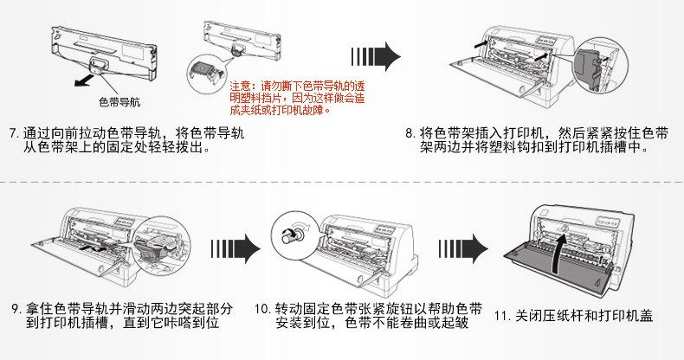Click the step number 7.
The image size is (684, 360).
pyautogui.click(x=12, y=134)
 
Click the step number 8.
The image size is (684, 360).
pyautogui.click(x=410, y=134)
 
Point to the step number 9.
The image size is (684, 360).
pyautogui.click(x=15, y=308)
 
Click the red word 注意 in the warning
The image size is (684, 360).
pyautogui.click(x=239, y=87)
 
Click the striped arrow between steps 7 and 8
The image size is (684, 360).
pyautogui.click(x=373, y=58)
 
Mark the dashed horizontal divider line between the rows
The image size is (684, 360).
pyautogui.click(x=342, y=183)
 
